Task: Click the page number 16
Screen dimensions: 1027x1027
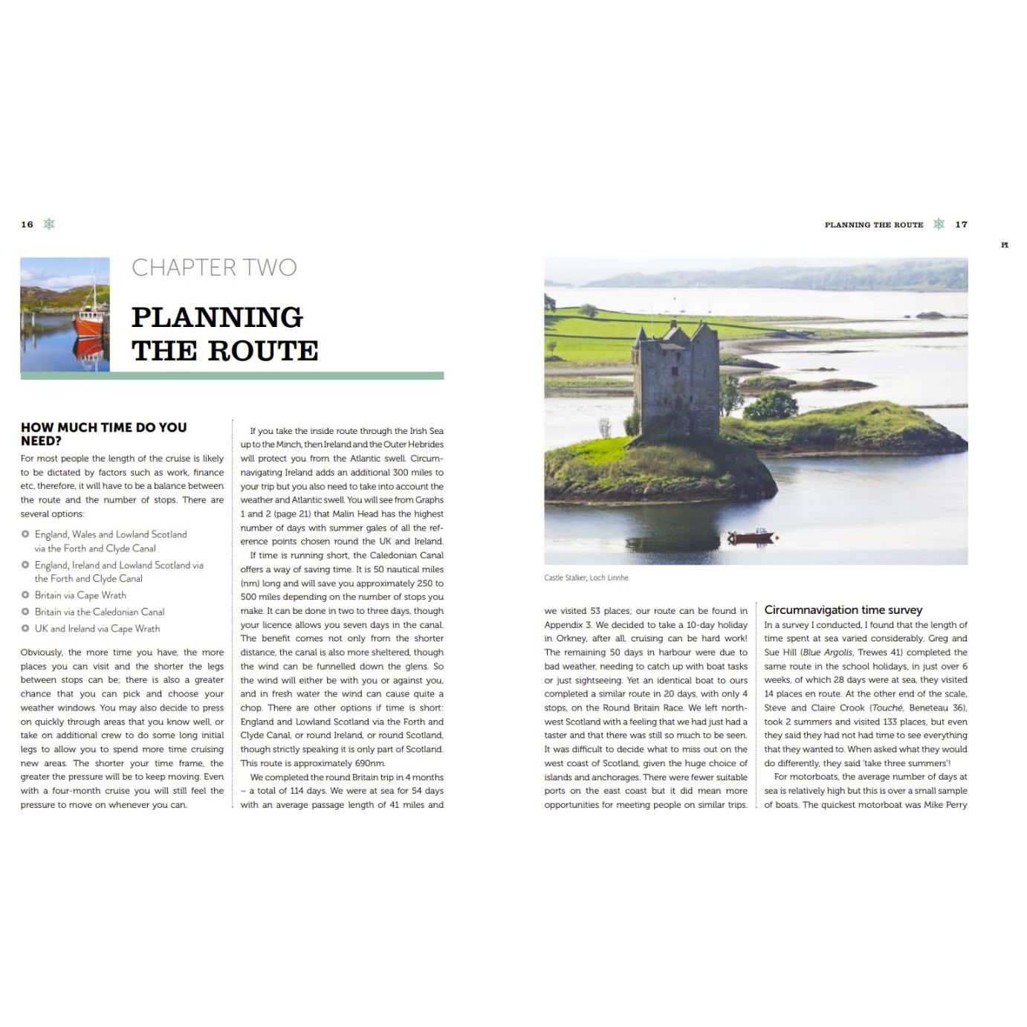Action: click(27, 224)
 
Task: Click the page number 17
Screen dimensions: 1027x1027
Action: click(961, 224)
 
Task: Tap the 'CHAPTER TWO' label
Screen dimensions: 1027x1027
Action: click(214, 268)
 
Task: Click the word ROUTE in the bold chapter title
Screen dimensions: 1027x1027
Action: click(262, 351)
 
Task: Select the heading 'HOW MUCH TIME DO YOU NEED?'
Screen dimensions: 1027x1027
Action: click(103, 433)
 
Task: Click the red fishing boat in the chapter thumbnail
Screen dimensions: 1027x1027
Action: click(89, 323)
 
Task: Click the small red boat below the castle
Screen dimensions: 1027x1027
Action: click(751, 536)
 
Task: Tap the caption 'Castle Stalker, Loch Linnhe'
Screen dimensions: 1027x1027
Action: click(586, 577)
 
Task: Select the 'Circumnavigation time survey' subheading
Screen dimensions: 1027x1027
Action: click(843, 610)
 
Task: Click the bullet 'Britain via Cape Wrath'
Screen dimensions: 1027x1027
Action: click(80, 595)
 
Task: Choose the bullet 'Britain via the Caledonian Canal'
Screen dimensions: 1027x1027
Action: click(99, 612)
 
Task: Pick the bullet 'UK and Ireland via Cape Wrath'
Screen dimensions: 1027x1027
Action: click(97, 629)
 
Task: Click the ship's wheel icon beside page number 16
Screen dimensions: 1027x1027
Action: click(49, 224)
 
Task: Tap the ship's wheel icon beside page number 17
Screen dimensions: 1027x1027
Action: click(939, 224)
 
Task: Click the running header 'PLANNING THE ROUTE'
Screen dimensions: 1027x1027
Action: click(873, 224)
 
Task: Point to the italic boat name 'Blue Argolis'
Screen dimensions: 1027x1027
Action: click(828, 652)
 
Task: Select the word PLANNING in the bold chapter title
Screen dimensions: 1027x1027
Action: click(217, 317)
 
